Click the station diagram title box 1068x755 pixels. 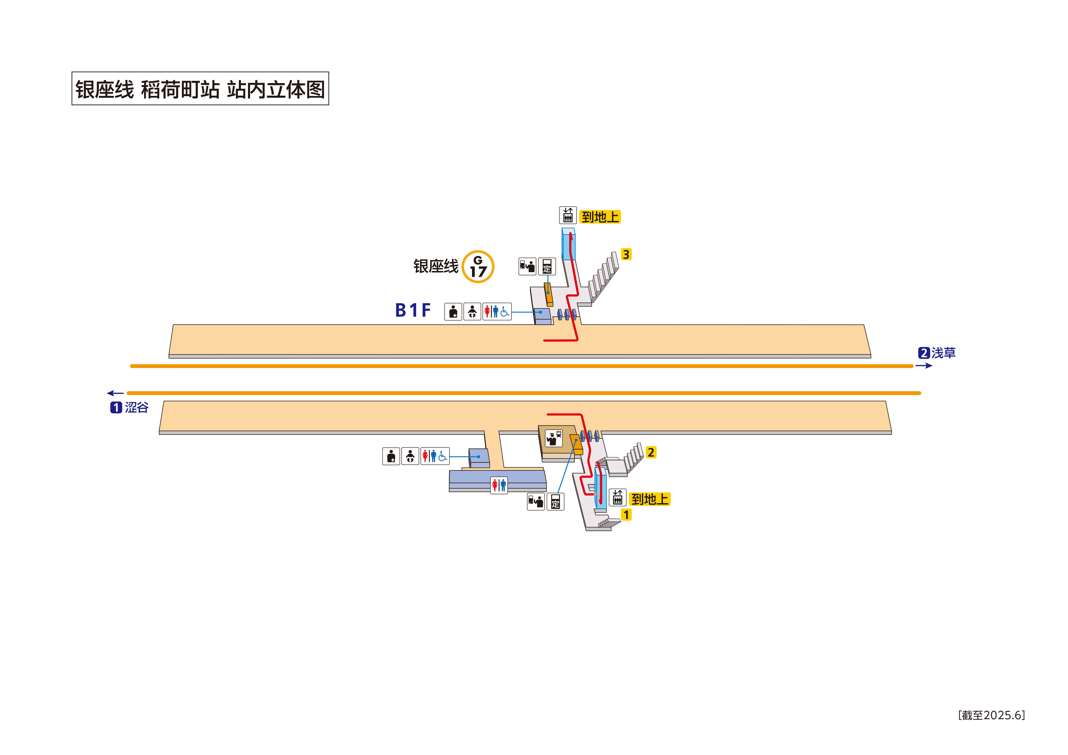point(200,88)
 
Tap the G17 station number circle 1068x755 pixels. point(478,267)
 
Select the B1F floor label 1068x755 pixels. point(413,310)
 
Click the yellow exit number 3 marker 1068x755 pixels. point(626,255)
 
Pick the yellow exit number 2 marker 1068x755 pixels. point(651,452)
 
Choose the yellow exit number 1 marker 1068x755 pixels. point(626,515)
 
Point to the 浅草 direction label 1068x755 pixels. point(943,353)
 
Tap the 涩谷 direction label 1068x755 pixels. point(136,408)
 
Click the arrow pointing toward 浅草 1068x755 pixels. point(924,366)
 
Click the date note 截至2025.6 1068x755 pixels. point(991,715)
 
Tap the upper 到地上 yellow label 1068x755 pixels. point(600,217)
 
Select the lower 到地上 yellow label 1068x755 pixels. point(650,499)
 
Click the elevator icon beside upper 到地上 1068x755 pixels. point(567,215)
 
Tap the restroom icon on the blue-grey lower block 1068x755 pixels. point(499,485)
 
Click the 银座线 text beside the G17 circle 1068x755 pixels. point(436,267)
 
